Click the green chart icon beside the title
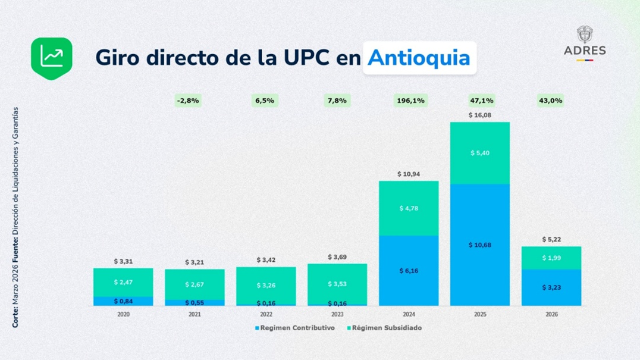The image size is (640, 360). [x=51, y=58]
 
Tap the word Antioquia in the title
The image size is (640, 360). [x=419, y=58]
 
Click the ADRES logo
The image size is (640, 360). [x=585, y=43]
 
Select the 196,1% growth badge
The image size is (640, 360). [x=410, y=101]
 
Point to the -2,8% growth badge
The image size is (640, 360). [x=188, y=101]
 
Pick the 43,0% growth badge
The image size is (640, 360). [x=551, y=101]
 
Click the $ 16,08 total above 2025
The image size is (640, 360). [x=480, y=115]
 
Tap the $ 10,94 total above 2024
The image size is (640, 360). [x=409, y=174]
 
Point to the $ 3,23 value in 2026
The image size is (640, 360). [x=551, y=287]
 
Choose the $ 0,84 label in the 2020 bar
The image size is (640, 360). [x=123, y=301]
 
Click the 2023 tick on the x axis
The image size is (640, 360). [x=337, y=314]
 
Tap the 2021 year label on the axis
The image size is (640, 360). [x=194, y=314]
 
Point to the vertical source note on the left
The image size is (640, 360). [x=15, y=218]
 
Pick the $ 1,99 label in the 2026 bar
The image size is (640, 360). [x=551, y=258]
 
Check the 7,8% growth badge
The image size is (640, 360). [x=337, y=101]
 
